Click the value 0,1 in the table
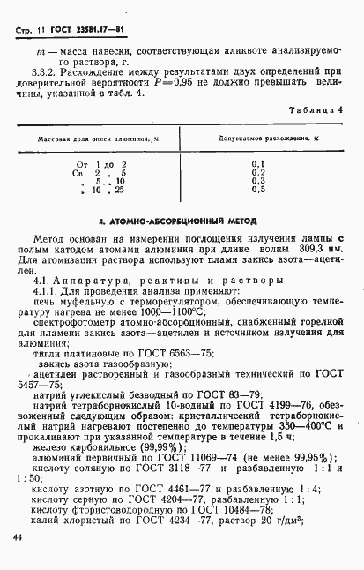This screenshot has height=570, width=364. coord(257,164)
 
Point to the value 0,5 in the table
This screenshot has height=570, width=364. coord(257,189)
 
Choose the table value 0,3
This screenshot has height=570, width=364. coord(257,181)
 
